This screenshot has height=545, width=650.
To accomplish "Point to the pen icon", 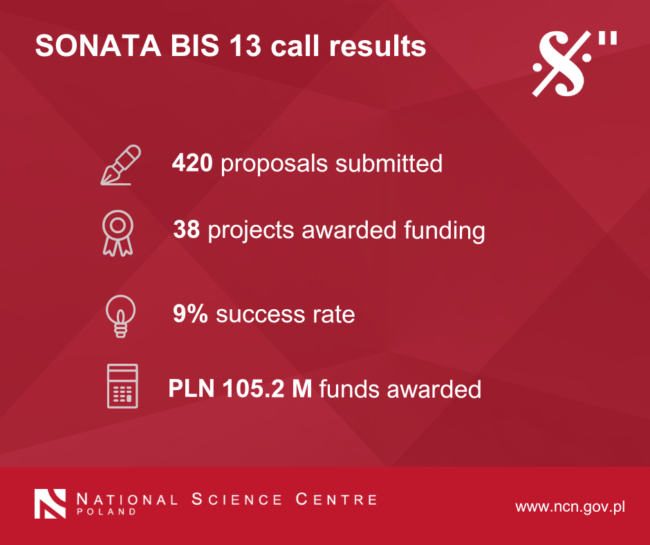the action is pos(120,165).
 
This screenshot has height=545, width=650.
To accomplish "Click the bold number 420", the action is pos(192,163).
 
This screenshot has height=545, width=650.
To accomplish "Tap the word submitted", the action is pos(389,163).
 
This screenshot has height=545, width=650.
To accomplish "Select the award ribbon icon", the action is pos(118,232).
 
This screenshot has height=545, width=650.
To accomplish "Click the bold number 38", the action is pos(187,230).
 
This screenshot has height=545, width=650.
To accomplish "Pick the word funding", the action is pos(445,230).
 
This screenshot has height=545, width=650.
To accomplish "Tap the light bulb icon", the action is pos(120,316).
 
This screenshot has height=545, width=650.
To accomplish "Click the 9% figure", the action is pos(190,313).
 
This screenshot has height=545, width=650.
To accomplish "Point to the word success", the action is pos(260,315).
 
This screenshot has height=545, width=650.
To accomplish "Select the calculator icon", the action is pos(122,386).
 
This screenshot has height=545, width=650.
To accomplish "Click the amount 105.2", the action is pos(254,389).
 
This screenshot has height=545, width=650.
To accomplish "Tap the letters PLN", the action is pos(192,389).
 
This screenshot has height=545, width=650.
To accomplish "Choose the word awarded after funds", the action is pos(434,389).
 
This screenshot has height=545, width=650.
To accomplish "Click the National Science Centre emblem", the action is pos(50,504).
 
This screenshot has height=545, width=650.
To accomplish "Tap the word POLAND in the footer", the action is pos(106,511).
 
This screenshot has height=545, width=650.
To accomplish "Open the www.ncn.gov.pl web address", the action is pos(570,507).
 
